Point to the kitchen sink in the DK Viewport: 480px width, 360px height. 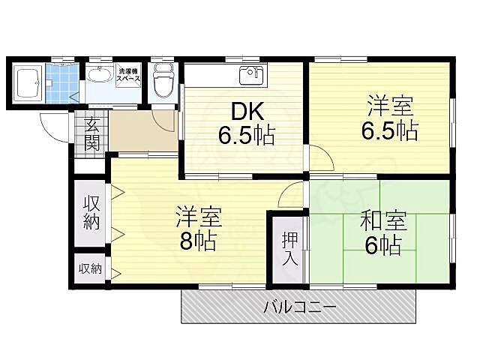tap(249, 76)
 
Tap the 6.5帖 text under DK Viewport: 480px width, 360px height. tap(245, 136)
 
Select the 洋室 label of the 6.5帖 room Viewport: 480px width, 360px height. tap(389, 106)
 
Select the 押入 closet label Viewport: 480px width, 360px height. tap(289, 250)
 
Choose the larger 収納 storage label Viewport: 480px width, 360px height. tap(91, 211)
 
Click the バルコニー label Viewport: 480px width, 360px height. tap(299, 307)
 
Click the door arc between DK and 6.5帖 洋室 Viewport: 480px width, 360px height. tap(320, 158)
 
